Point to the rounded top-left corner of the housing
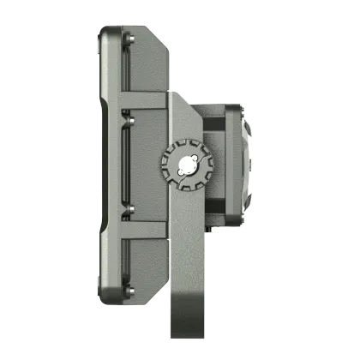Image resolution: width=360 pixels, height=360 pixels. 104,33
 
